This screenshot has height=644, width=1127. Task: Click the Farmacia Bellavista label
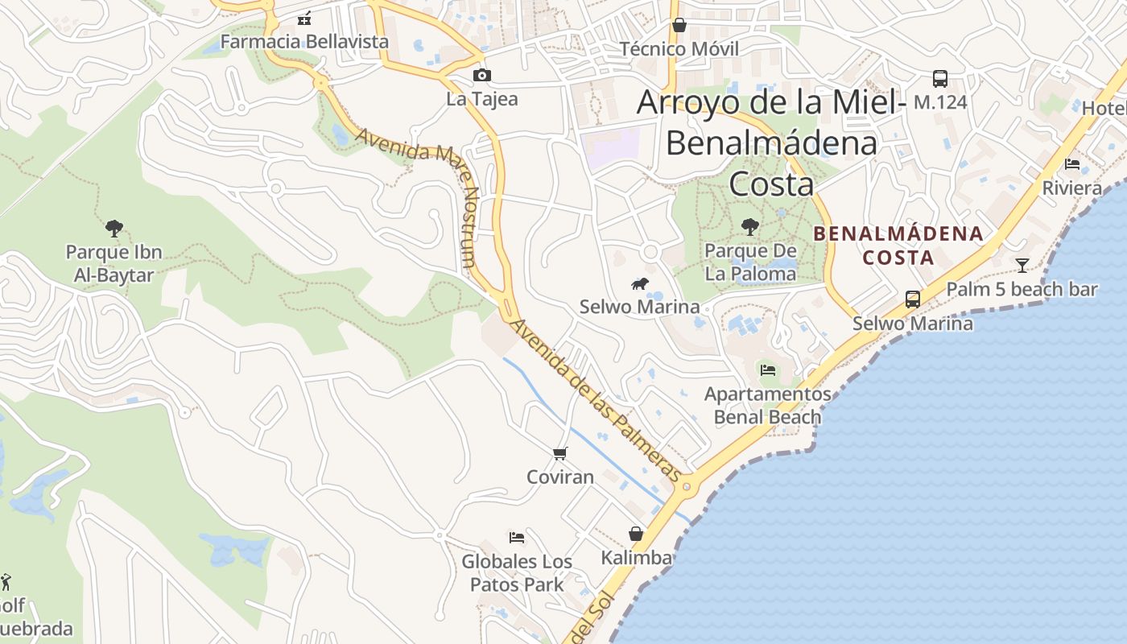304,41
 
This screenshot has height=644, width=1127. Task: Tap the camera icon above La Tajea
482,76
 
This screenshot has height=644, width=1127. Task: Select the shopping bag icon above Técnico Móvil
679,25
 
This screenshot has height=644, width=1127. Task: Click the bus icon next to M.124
939,79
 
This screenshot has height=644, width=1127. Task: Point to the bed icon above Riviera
1072,164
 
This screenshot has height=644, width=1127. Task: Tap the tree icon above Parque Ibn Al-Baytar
114,229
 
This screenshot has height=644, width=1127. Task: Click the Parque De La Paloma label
750,262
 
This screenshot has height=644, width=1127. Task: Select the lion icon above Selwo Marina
640,283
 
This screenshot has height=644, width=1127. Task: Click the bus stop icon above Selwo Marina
912,299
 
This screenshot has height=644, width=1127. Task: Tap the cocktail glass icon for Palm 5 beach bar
1022,265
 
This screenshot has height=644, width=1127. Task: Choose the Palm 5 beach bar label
1022,289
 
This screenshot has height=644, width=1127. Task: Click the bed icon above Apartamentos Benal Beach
768,370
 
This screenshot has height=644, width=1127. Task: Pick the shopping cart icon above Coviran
560,453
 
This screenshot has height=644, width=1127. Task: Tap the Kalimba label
636,557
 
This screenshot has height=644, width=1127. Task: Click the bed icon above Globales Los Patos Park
517,537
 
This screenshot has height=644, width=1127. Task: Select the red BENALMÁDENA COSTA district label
898,246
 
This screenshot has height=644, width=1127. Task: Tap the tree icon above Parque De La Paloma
750,227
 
